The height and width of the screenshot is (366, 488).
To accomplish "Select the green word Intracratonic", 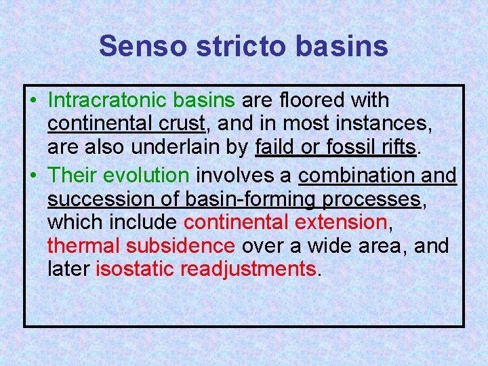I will [108, 100].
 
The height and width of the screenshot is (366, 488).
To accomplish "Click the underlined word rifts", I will [398, 148].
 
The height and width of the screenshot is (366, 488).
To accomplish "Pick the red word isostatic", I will [135, 269].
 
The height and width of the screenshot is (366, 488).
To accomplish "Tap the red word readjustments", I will [248, 269].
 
